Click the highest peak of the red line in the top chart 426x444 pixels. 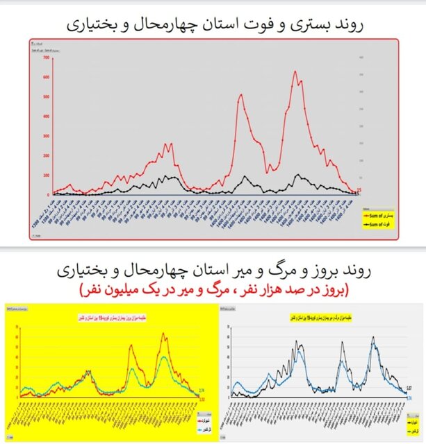[295, 71]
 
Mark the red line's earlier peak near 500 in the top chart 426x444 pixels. [240, 95]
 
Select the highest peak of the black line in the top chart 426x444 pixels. [297, 175]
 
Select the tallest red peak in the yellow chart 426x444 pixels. [164, 334]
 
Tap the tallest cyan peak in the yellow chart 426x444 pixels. [164, 357]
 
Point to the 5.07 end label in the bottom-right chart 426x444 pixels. [410, 386]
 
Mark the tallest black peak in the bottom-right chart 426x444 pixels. [373, 338]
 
